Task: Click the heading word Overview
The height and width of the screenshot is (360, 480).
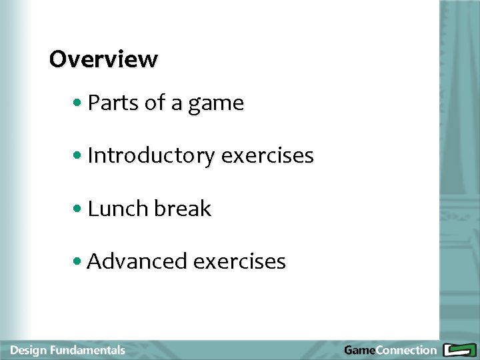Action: click(103, 59)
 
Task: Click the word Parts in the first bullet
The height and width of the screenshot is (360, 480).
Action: click(113, 103)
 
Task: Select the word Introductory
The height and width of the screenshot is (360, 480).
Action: click(151, 156)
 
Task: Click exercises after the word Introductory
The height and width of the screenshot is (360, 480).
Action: click(267, 156)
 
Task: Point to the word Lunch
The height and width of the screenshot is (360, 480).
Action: click(117, 209)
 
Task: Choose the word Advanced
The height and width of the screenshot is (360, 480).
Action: click(137, 261)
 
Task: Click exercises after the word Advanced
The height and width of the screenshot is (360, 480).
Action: click(239, 261)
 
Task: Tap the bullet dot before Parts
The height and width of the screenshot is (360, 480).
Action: click(79, 104)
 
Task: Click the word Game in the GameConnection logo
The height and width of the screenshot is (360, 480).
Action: click(359, 350)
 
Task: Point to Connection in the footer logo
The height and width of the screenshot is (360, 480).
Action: click(406, 350)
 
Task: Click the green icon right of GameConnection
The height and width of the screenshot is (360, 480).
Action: click(459, 350)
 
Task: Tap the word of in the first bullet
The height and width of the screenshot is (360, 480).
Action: click(155, 103)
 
